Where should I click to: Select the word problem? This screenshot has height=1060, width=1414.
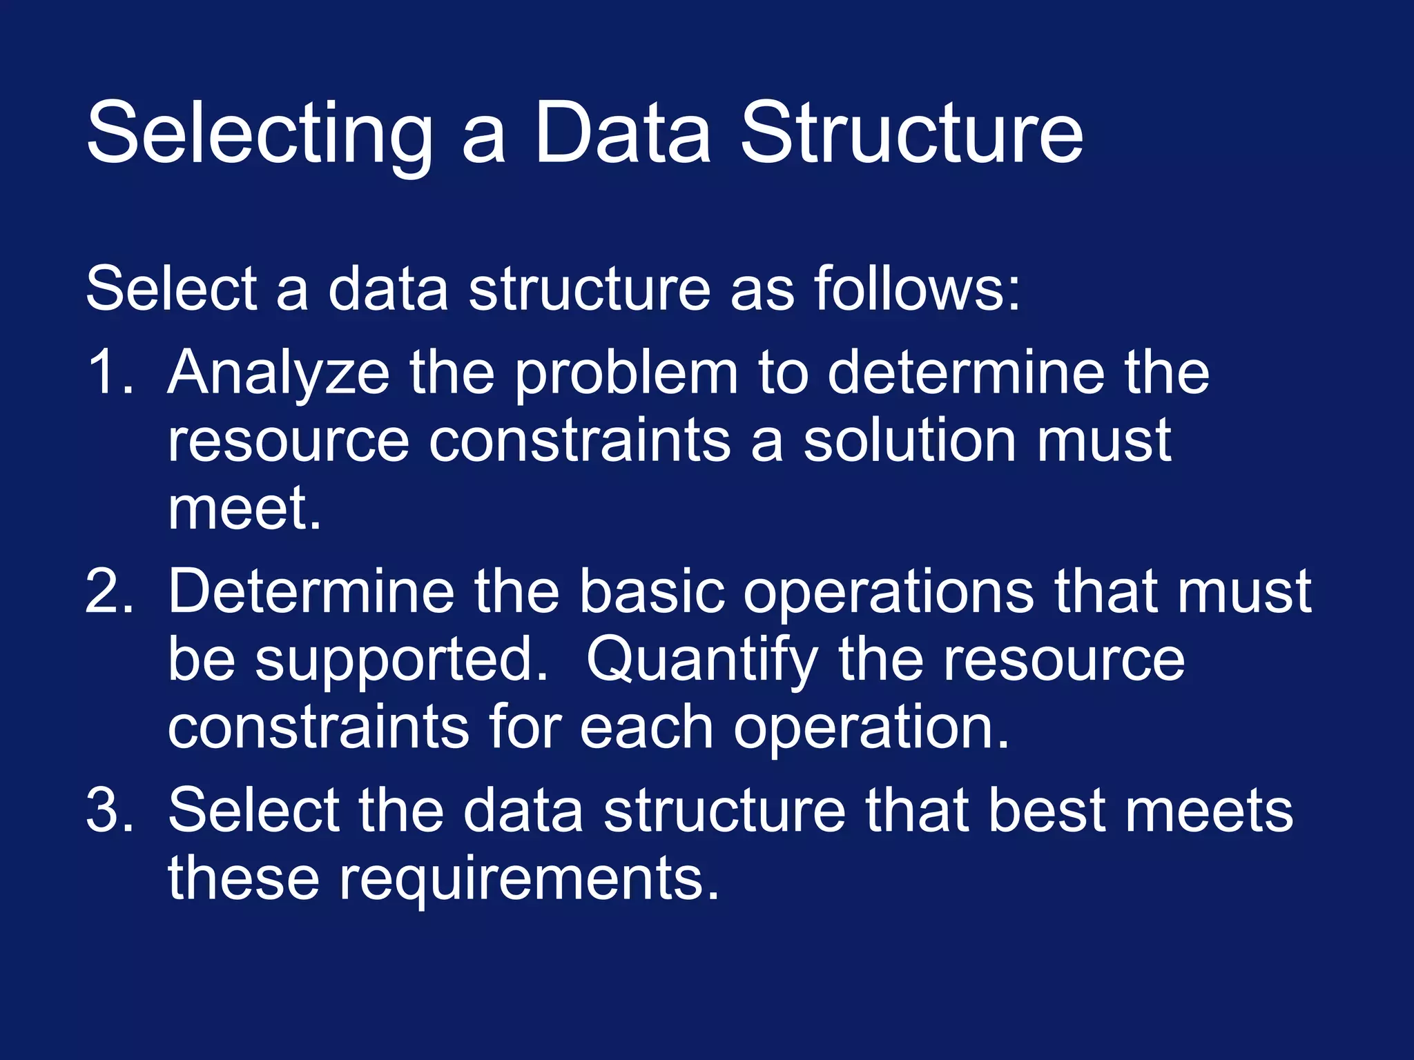click(626, 374)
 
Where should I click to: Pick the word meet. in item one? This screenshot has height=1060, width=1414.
click(244, 509)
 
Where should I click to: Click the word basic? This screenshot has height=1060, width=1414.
click(651, 591)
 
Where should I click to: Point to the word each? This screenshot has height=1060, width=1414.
click(646, 728)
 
